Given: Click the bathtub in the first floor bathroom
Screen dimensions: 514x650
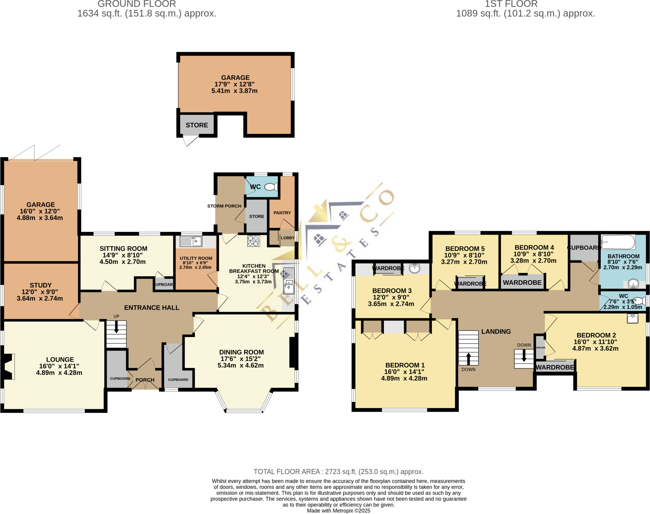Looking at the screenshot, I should tap(618, 242).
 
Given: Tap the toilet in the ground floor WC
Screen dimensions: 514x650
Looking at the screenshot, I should tap(270, 187).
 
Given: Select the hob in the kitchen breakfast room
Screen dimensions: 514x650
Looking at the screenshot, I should tap(254, 241).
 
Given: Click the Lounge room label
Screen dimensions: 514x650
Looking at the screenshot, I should tap(60, 359).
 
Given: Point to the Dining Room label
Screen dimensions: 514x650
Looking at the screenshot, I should tap(241, 352).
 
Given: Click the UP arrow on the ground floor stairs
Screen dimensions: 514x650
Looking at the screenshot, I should tap(116, 327).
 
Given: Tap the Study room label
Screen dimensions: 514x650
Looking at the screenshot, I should tap(40, 285).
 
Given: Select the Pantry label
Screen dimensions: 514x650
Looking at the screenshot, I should tap(282, 213).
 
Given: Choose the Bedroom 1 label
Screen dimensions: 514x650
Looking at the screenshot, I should tap(405, 365).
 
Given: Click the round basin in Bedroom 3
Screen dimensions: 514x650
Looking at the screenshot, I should tap(415, 268).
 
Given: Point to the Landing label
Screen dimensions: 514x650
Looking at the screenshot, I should tap(496, 331).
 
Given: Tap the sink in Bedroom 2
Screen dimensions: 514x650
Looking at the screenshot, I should tap(632, 318).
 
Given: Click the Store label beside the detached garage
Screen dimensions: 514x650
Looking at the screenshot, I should tap(197, 125).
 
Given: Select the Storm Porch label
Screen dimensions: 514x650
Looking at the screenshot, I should tap(224, 206).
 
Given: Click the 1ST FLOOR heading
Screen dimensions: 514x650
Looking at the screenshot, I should tap(511, 4).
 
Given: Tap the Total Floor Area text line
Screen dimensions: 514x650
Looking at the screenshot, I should tap(338, 471).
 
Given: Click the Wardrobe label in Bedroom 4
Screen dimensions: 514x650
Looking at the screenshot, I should tap(522, 282).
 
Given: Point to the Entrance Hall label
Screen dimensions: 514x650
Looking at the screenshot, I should tap(151, 308).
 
